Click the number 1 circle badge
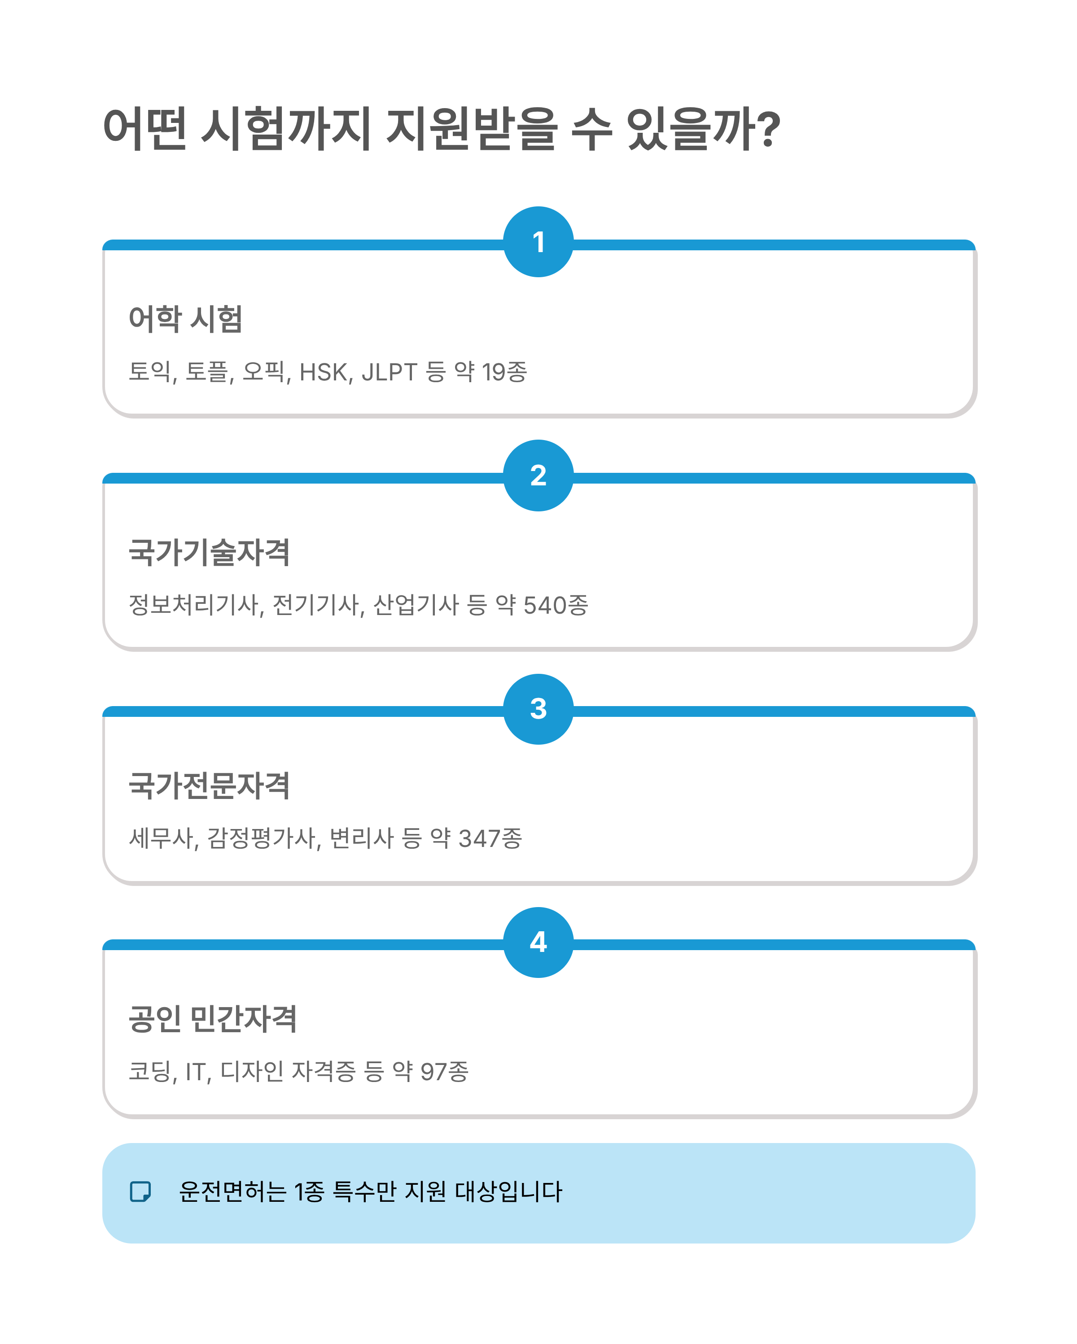pyautogui.click(x=538, y=242)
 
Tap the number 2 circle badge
pyautogui.click(x=538, y=476)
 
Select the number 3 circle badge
pyautogui.click(x=538, y=709)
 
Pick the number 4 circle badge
pyautogui.click(x=538, y=942)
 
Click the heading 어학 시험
pyautogui.click(x=185, y=319)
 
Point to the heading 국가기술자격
pyautogui.click(x=209, y=552)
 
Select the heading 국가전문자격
pyautogui.click(x=209, y=785)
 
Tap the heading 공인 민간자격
pyautogui.click(x=212, y=1019)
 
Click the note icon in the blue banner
pyautogui.click(x=140, y=1191)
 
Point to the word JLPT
pyautogui.click(x=389, y=372)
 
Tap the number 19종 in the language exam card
pyautogui.click(x=504, y=372)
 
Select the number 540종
pyautogui.click(x=555, y=605)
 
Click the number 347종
pyautogui.click(x=490, y=838)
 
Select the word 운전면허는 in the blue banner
pyautogui.click(x=232, y=1191)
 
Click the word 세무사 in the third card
pyautogui.click(x=162, y=838)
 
